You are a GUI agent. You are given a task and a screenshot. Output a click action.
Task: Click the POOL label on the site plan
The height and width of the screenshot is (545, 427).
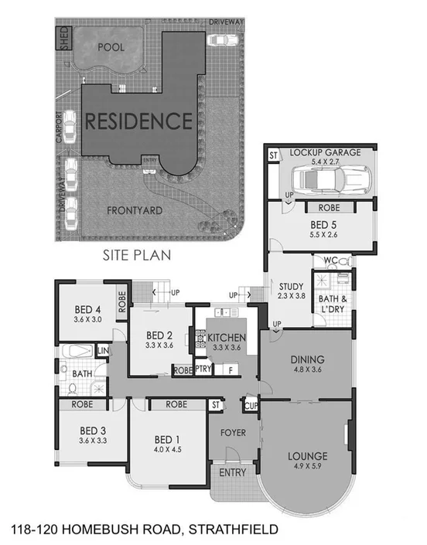(x=111, y=47)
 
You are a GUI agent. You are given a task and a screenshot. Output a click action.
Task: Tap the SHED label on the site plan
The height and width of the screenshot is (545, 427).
(x=64, y=38)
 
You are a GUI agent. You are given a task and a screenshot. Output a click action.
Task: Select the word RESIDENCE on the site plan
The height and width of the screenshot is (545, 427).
(x=138, y=121)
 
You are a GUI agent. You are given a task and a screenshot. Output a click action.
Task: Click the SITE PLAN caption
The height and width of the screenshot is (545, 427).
(x=137, y=253)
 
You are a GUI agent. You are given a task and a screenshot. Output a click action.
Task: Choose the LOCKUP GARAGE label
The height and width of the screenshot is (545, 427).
(x=325, y=153)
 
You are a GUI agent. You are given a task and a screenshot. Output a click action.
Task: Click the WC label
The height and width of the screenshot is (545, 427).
(x=329, y=261)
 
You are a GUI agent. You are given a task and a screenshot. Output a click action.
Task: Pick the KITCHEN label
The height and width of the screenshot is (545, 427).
(x=227, y=339)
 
